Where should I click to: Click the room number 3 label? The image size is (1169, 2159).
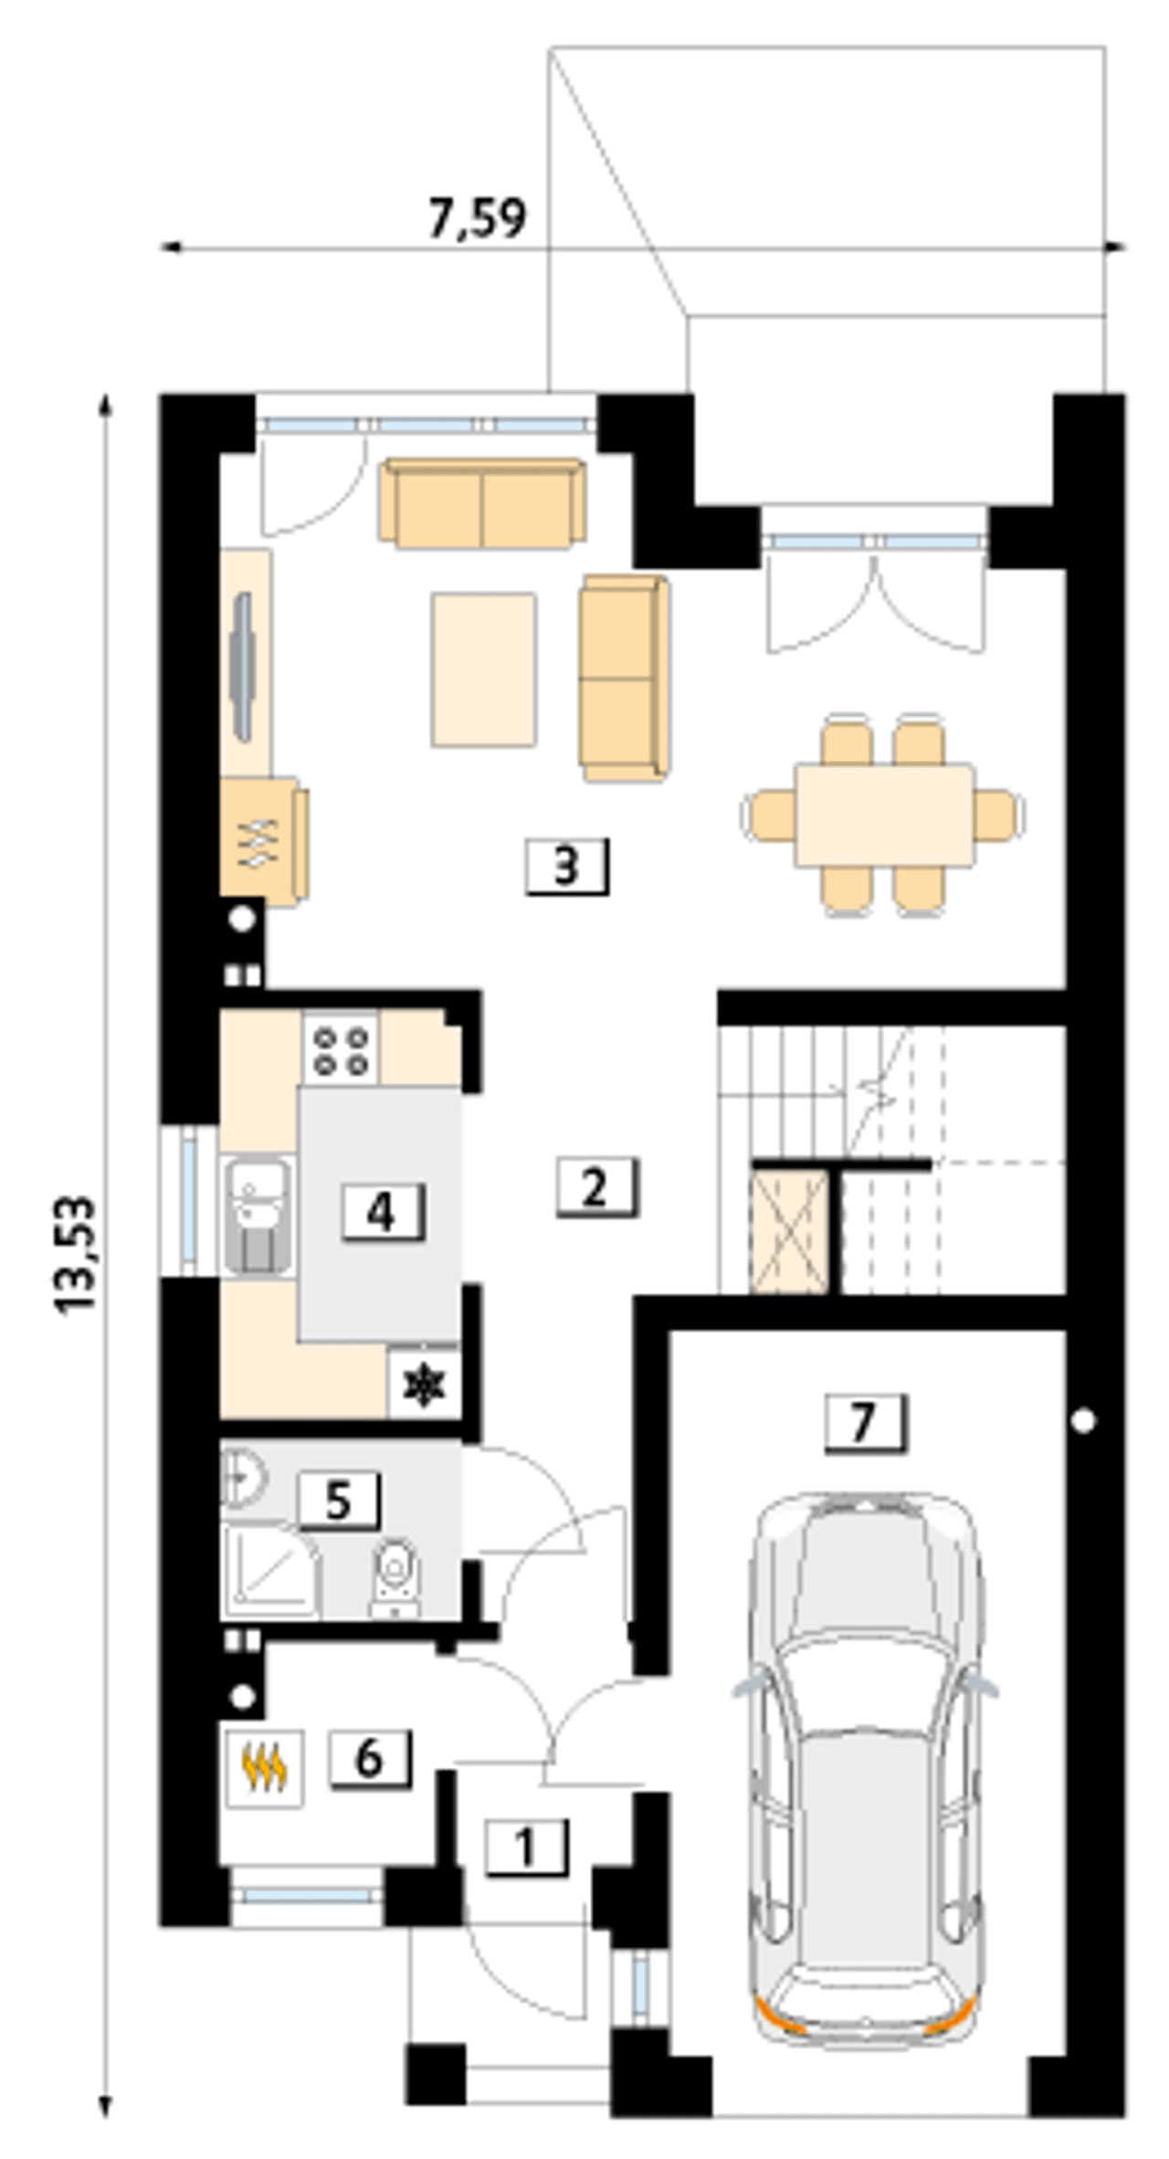[566, 866]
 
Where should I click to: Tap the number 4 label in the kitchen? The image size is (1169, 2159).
[383, 1212]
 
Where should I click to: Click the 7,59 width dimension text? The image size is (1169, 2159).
[478, 219]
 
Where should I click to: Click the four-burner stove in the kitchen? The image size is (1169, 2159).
[341, 1049]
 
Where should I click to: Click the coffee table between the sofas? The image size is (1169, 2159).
[484, 670]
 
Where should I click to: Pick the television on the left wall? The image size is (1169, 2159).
[244, 667]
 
